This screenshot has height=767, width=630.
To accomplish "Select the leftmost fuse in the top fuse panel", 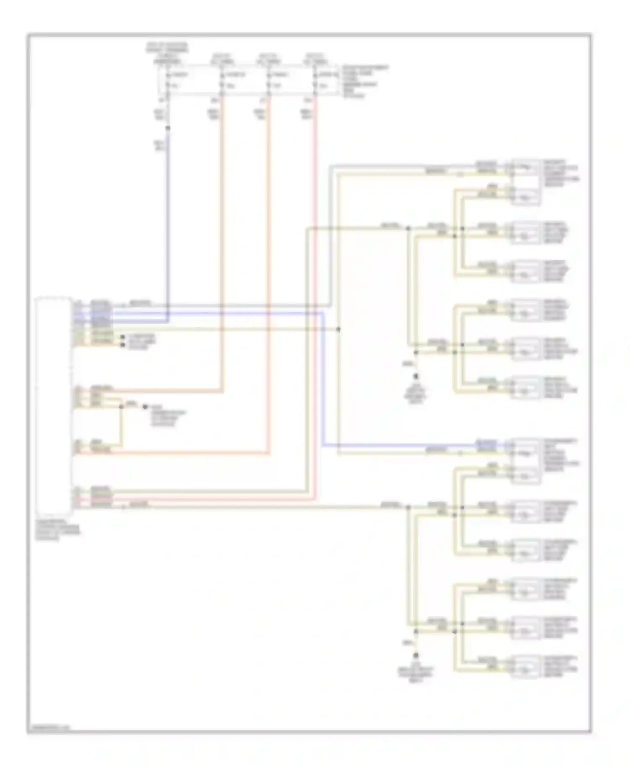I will click(168, 80).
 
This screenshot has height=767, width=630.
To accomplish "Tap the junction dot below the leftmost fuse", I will click(168, 128).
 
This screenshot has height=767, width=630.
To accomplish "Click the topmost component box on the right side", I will click(525, 181).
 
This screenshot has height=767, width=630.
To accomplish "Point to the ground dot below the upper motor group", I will click(417, 376).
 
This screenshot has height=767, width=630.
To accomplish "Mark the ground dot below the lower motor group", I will click(417, 655).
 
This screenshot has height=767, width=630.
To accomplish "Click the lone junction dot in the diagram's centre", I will click(338, 330).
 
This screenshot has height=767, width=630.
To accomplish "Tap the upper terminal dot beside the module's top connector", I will click(123, 337).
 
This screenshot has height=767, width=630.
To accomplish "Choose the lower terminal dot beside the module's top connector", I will click(123, 344).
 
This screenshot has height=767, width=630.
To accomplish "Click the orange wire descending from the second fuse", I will click(222, 252).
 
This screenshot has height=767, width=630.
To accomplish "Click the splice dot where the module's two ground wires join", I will click(122, 406).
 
